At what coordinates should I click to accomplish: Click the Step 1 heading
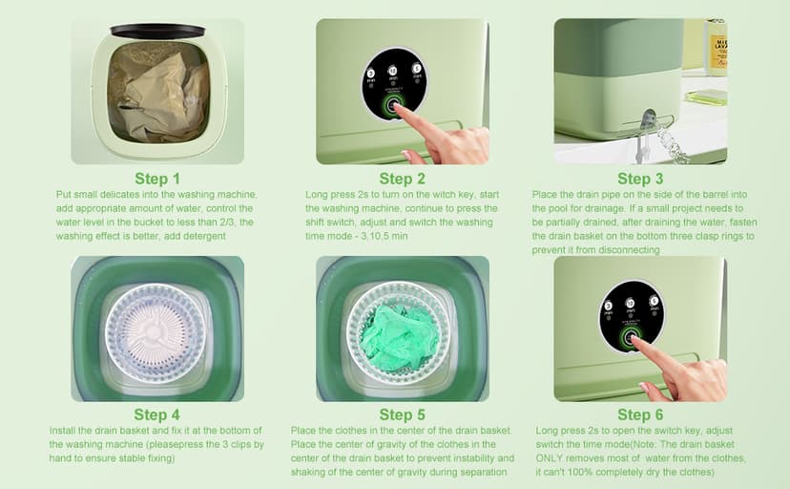[x=157, y=179]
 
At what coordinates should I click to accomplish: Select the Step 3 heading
[x=640, y=179]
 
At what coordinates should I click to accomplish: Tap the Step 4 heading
[x=156, y=415]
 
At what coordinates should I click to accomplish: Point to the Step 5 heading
[x=402, y=415]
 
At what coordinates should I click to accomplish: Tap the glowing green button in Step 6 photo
[x=630, y=337]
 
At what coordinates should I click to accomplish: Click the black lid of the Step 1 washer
[x=157, y=31]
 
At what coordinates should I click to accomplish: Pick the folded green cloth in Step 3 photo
[x=705, y=96]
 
